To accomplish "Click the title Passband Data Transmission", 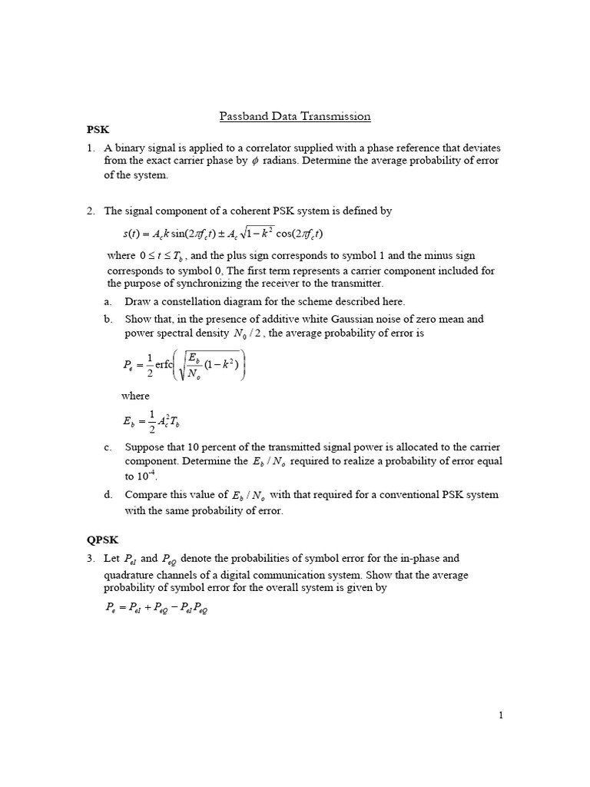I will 295,117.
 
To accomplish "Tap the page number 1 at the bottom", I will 501,716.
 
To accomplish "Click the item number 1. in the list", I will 90,147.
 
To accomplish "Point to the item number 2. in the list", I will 90,211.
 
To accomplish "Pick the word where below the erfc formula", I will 135,396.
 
